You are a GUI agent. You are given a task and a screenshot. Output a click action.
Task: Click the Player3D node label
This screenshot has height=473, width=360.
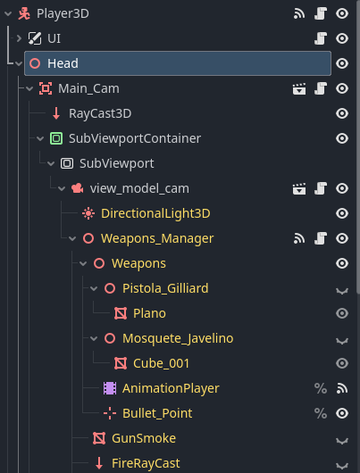(63, 13)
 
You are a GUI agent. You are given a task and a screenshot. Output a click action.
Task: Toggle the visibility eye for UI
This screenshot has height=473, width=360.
(342, 38)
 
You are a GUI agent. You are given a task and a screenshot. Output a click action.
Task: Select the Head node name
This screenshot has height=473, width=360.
(63, 63)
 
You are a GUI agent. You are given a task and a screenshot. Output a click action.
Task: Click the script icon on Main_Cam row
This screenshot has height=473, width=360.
(321, 88)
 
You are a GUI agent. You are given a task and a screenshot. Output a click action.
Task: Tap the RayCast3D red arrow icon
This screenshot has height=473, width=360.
(56, 113)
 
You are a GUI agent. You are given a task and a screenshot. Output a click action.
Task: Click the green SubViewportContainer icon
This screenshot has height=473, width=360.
(56, 138)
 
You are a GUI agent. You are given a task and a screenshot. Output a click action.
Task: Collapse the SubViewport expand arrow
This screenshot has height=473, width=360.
(51, 164)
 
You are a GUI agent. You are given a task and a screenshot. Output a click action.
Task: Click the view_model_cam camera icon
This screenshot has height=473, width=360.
(78, 188)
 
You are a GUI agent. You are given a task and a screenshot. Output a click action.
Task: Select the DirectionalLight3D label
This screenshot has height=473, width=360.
(155, 213)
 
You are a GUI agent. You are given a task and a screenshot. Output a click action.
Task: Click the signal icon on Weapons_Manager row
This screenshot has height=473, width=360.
(299, 238)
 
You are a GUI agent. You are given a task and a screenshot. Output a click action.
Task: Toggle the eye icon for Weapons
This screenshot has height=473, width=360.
(342, 263)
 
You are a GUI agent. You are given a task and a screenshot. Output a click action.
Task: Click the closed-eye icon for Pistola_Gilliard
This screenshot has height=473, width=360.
(342, 291)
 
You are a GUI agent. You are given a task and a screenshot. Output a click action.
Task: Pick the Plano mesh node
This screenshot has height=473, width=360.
(149, 313)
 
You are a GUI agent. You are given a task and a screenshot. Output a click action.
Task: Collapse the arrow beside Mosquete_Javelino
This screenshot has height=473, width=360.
(94, 338)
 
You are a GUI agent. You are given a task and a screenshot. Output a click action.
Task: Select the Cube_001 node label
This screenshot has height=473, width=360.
(161, 363)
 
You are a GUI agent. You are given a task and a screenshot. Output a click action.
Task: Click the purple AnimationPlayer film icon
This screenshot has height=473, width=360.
(110, 388)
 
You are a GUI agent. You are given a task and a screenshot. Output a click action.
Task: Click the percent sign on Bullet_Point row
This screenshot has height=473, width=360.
(321, 413)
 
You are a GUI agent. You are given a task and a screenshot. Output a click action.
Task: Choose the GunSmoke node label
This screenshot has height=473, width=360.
(144, 438)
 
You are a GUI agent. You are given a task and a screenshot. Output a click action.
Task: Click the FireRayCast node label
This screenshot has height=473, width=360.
(146, 463)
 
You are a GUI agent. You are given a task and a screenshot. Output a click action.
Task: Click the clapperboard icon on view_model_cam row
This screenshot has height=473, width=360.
(299, 189)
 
